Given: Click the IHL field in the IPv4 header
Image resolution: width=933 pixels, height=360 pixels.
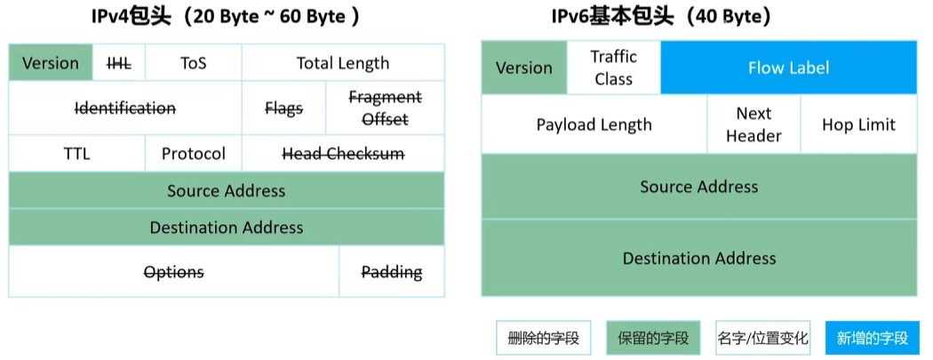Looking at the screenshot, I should pyautogui.click(x=118, y=63).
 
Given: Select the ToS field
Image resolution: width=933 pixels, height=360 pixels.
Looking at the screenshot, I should pyautogui.click(x=193, y=63).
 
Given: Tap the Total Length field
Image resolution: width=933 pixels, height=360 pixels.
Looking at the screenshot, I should pyautogui.click(x=342, y=63).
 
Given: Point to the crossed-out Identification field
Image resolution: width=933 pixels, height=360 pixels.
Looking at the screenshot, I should pyautogui.click(x=125, y=108).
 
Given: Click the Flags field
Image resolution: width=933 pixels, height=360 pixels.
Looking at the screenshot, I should pyautogui.click(x=283, y=108).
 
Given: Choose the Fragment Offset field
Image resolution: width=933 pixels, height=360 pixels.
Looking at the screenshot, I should pyautogui.click(x=385, y=108).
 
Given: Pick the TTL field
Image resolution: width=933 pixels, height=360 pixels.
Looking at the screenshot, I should pyautogui.click(x=76, y=154).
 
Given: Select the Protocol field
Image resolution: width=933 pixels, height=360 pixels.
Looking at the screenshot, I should pyautogui.click(x=193, y=154).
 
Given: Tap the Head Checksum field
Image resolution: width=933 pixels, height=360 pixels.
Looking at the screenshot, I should pyautogui.click(x=342, y=154).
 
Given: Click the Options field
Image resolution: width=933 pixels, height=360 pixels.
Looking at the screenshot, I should pyautogui.click(x=173, y=272).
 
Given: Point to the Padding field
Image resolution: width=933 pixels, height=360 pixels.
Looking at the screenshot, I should pyautogui.click(x=391, y=272).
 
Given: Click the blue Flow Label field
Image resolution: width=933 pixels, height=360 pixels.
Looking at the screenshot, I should pyautogui.click(x=788, y=68).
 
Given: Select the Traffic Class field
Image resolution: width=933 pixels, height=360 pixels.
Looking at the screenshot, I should pyautogui.click(x=614, y=68).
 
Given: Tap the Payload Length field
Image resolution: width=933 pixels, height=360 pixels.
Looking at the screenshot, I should pyautogui.click(x=594, y=124).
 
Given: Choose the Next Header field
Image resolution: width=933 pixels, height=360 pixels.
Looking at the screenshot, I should pyautogui.click(x=754, y=124).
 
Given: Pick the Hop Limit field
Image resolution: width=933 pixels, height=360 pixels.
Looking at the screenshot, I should pyautogui.click(x=858, y=124).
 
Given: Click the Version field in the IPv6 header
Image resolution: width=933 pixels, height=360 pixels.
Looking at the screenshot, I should pyautogui.click(x=523, y=68).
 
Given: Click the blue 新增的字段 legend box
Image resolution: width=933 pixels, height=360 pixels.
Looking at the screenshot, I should pyautogui.click(x=872, y=338).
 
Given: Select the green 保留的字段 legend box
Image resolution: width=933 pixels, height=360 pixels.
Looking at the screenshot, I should pyautogui.click(x=653, y=338).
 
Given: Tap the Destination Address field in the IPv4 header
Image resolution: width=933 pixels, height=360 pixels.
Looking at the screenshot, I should pyautogui.click(x=226, y=228).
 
